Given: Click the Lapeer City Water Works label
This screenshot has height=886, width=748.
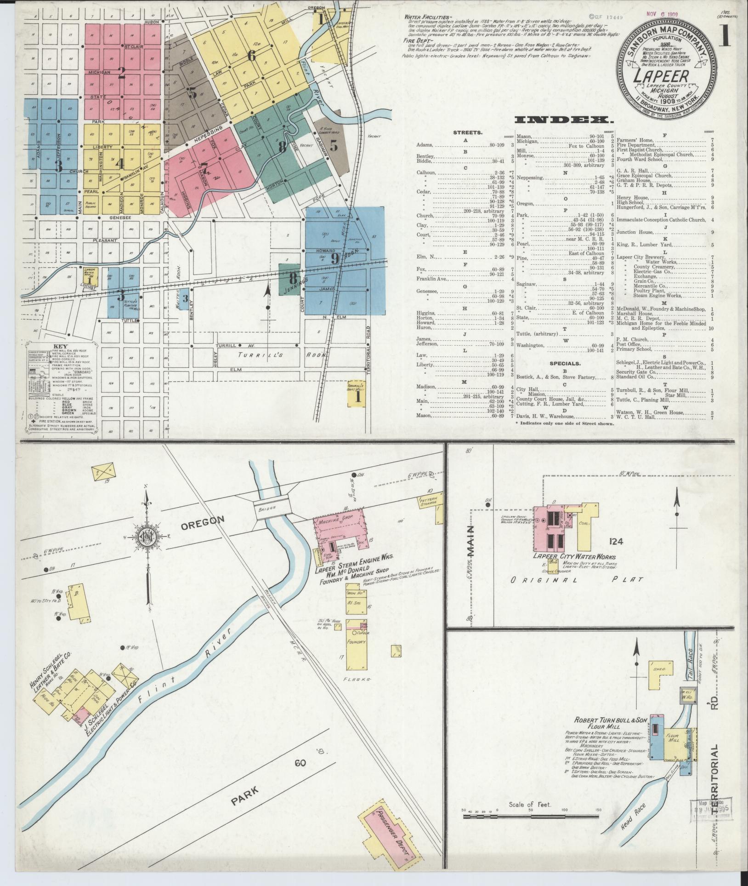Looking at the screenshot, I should coord(574,557).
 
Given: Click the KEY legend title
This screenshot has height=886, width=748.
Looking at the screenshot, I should coord(57,346).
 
